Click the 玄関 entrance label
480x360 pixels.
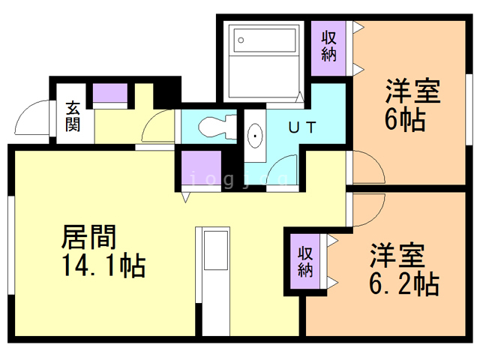click(x=73, y=115)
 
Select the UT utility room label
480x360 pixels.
click(x=301, y=127)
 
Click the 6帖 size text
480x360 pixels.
click(x=406, y=119)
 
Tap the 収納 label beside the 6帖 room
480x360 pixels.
click(x=329, y=46)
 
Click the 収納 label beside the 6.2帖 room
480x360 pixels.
click(x=306, y=260)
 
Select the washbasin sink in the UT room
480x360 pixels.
click(x=255, y=137)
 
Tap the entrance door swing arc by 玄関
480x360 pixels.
click(x=31, y=120)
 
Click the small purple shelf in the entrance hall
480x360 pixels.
click(x=110, y=94)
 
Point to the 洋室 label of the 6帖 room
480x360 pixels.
click(x=412, y=92)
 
